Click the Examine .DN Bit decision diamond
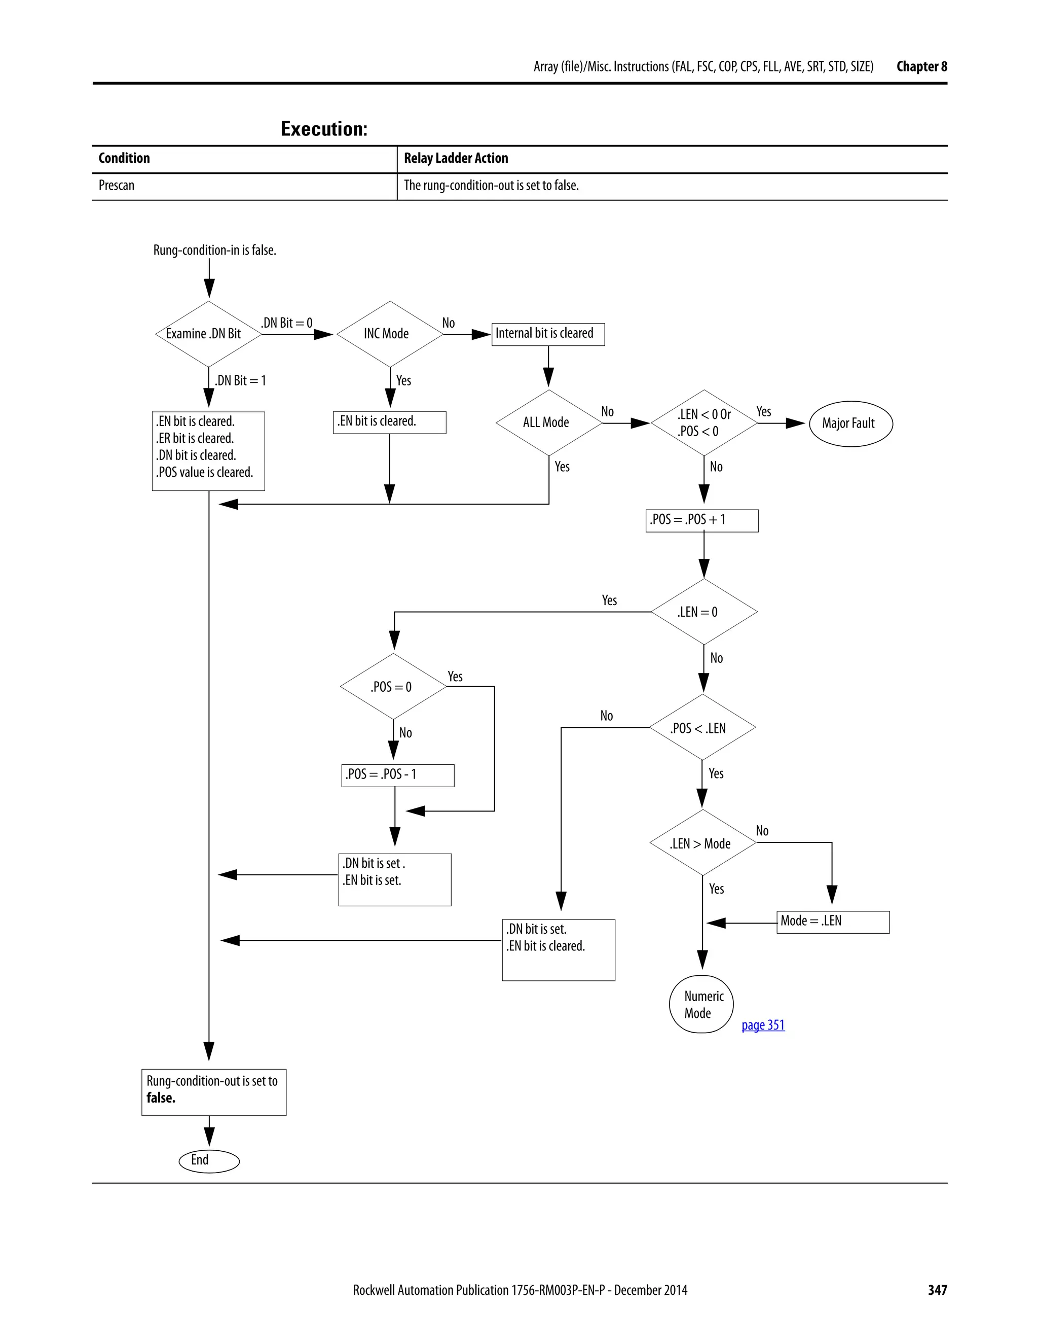(208, 334)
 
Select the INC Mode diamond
(389, 334)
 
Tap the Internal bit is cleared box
(548, 334)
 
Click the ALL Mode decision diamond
(548, 423)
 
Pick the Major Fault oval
(850, 423)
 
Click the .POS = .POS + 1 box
(701, 521)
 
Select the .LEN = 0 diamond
(703, 612)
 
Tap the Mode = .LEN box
(833, 922)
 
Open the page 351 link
(762, 1025)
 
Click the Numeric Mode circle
(701, 1004)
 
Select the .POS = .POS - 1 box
(397, 775)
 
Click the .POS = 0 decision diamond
(393, 687)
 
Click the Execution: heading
(324, 129)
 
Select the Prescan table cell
(117, 186)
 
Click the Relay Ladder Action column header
(456, 158)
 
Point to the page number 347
(937, 1290)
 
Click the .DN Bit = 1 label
(240, 381)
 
